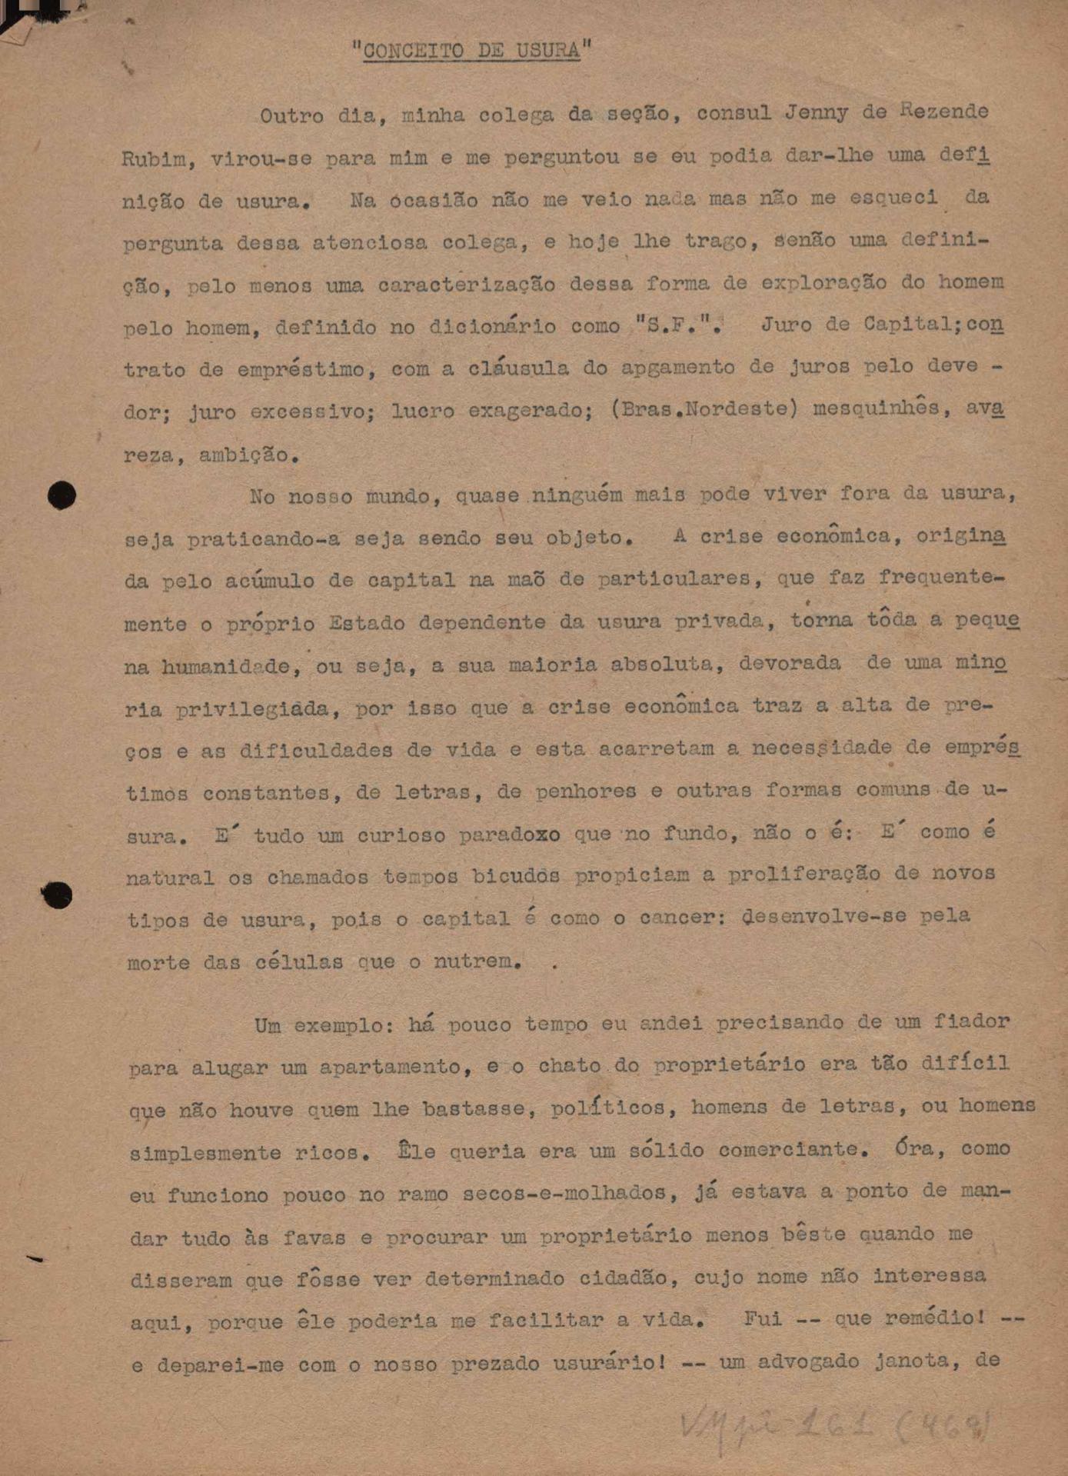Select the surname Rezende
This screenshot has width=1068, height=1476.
pyautogui.click(x=943, y=111)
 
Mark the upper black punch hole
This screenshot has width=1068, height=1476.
pyautogui.click(x=62, y=495)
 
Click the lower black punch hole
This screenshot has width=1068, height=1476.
pyautogui.click(x=58, y=895)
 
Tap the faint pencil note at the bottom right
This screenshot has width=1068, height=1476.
pyautogui.click(x=834, y=1427)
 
